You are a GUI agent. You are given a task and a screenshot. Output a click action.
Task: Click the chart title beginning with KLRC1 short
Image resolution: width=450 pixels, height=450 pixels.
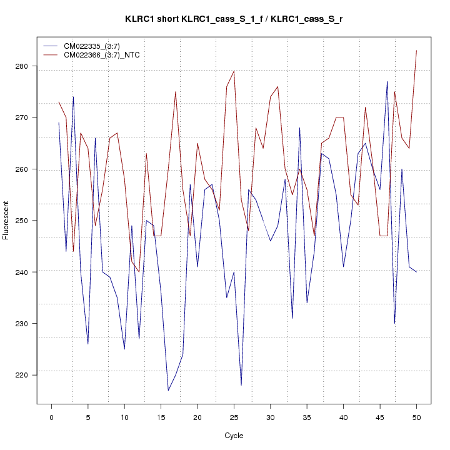234,19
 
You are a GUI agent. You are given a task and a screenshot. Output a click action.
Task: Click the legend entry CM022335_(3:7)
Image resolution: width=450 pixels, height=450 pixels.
91,46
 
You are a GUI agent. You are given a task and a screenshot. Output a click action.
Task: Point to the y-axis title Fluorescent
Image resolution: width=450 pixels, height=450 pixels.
6,220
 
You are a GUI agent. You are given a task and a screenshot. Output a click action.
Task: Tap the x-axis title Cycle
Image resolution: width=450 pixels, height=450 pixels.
234,436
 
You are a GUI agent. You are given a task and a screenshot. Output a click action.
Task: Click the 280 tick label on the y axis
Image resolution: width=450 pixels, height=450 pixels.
27,66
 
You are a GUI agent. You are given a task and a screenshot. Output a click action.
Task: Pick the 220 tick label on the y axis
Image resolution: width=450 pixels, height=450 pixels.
27,374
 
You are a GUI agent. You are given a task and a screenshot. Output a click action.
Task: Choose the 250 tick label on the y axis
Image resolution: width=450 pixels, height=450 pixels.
27,221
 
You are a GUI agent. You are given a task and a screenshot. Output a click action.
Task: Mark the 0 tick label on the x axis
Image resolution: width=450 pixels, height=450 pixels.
51,416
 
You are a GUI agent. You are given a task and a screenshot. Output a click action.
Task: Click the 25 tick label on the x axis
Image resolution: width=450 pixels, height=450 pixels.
234,416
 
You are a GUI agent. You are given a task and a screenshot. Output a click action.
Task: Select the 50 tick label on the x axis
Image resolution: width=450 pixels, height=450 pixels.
416,416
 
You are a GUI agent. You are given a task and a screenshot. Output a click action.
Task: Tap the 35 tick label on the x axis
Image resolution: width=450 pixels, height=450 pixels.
307,416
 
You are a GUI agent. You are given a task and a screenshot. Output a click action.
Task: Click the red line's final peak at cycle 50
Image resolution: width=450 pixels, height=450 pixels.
416,51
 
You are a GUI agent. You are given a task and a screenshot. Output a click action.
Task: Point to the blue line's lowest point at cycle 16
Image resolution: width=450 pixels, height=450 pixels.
168,390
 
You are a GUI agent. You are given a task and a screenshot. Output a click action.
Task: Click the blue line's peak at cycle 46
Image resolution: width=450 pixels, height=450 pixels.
387,82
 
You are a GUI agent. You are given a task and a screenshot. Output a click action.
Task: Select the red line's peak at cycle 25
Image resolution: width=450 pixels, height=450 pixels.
234,71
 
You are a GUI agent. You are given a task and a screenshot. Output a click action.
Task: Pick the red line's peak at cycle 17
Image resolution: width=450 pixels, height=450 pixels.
176,92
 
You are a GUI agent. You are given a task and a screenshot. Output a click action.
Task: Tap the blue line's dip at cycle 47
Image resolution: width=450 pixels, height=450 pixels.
394,323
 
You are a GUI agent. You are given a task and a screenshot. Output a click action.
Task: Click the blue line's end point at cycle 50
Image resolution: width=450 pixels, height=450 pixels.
416,272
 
